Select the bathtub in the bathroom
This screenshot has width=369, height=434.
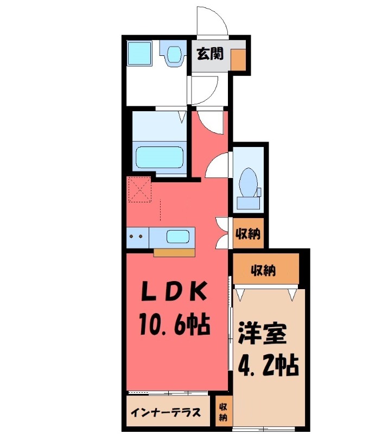tap(159, 158)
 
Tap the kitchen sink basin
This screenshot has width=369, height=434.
tap(177, 237)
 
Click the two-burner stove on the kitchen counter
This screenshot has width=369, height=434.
tap(137, 237)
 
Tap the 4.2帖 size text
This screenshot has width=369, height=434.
tap(268, 365)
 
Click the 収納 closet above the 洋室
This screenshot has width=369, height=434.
tap(265, 269)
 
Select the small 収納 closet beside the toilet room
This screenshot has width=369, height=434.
tap(247, 234)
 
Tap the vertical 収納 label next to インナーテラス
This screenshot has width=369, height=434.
tap(223, 412)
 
